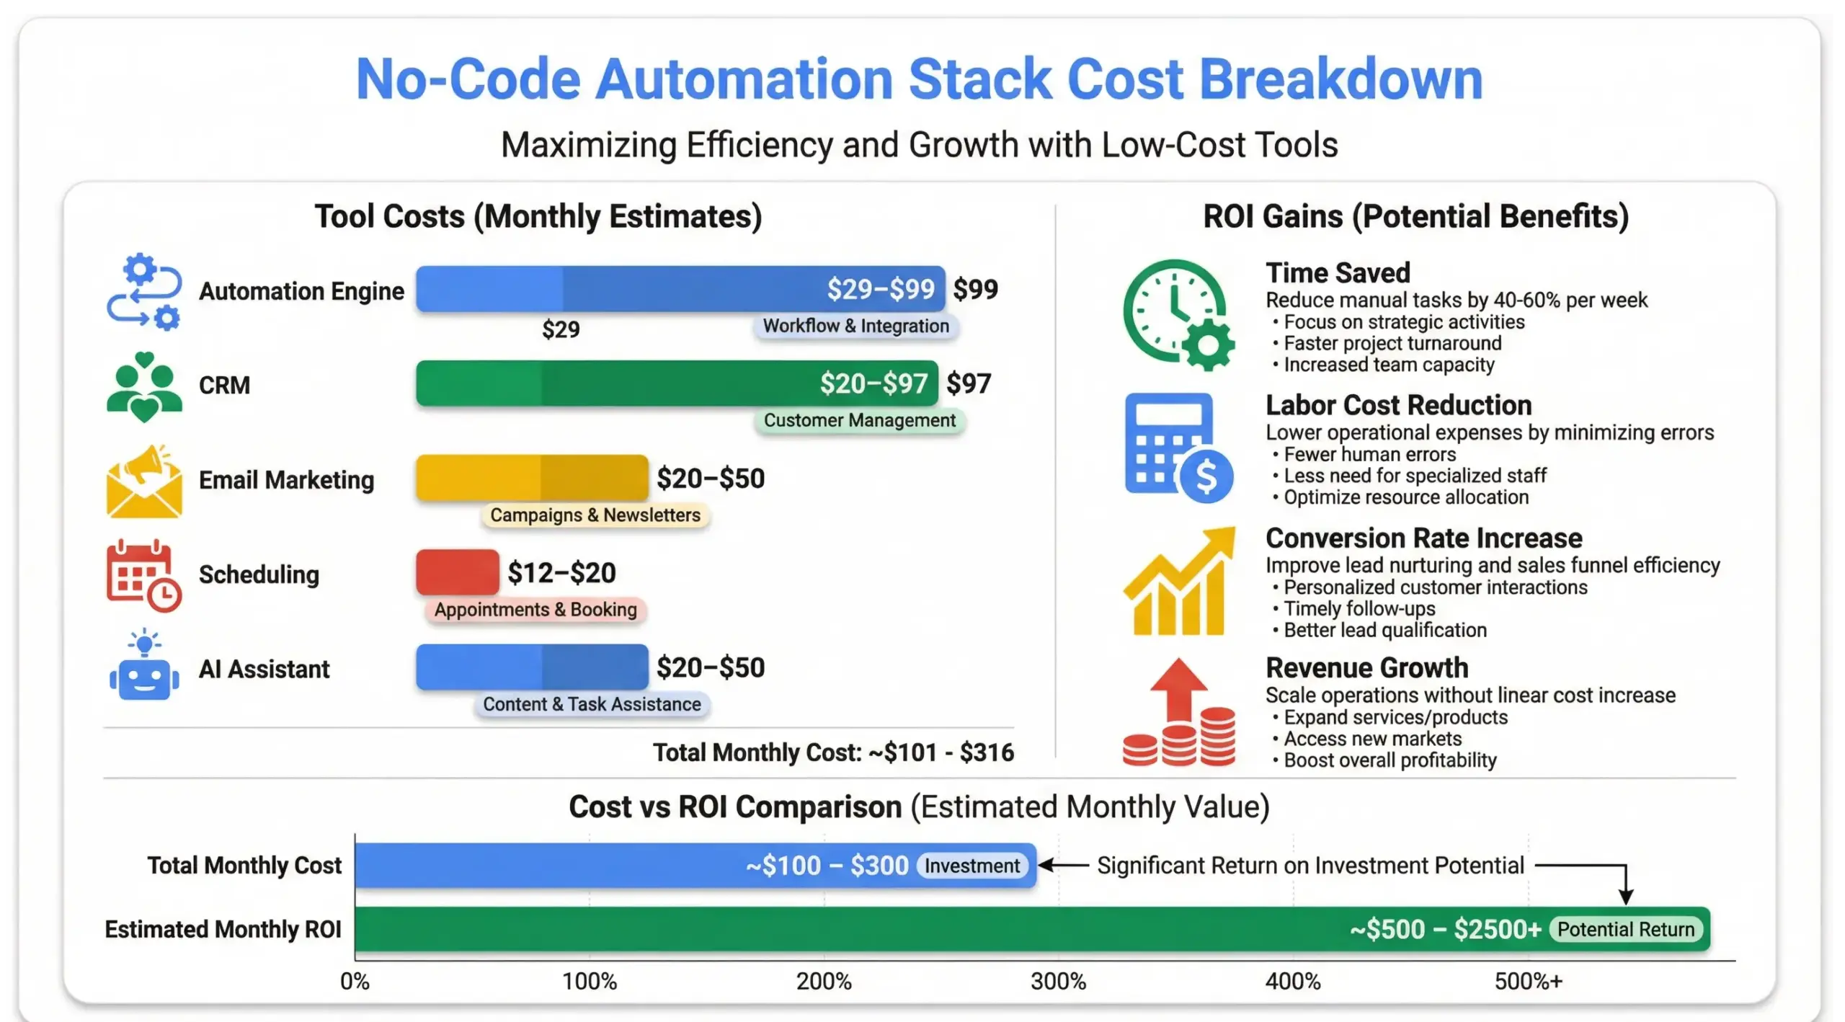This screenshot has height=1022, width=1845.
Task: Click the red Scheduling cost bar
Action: point(457,572)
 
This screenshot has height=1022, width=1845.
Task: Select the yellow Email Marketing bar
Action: point(532,478)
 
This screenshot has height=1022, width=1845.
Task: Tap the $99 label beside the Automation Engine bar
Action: point(975,289)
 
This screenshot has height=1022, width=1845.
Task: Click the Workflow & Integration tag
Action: point(855,326)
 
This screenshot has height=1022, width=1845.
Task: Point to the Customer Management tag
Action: point(859,421)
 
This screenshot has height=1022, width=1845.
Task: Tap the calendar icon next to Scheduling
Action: point(143,575)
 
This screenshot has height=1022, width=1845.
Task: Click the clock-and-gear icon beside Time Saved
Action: point(1178,314)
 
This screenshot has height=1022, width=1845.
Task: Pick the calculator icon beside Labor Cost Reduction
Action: point(1178,447)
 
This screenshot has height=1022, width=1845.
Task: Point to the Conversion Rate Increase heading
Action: point(1423,538)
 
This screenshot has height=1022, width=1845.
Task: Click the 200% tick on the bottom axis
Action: point(824,981)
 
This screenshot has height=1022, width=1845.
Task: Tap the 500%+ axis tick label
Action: point(1528,981)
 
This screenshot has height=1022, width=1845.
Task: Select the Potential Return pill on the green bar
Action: point(1625,930)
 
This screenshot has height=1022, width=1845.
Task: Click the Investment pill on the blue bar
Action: point(972,866)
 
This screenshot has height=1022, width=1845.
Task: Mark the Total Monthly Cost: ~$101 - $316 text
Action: point(833,752)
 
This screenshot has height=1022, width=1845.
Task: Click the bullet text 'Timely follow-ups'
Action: point(1359,609)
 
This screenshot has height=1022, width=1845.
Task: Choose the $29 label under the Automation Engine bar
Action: point(561,329)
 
